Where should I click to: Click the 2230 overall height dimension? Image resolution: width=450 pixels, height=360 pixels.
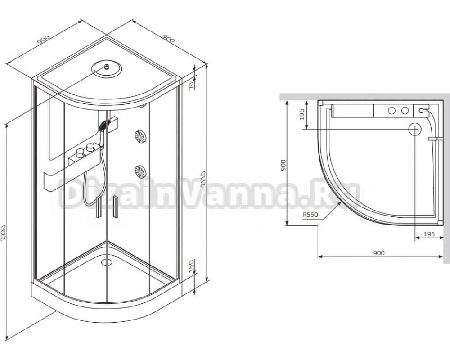(x=3, y=234)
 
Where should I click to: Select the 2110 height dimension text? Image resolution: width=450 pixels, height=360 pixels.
(x=203, y=180)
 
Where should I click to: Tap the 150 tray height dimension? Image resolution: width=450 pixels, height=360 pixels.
(x=192, y=266)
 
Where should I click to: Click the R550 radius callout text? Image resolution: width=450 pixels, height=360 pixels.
(x=310, y=215)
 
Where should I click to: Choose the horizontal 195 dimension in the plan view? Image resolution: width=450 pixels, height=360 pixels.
(x=429, y=234)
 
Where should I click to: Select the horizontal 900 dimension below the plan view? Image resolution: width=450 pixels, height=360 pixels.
(x=379, y=253)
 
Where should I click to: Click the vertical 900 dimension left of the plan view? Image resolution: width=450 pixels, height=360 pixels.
(x=283, y=165)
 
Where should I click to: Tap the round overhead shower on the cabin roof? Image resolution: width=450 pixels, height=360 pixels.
(x=107, y=69)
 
